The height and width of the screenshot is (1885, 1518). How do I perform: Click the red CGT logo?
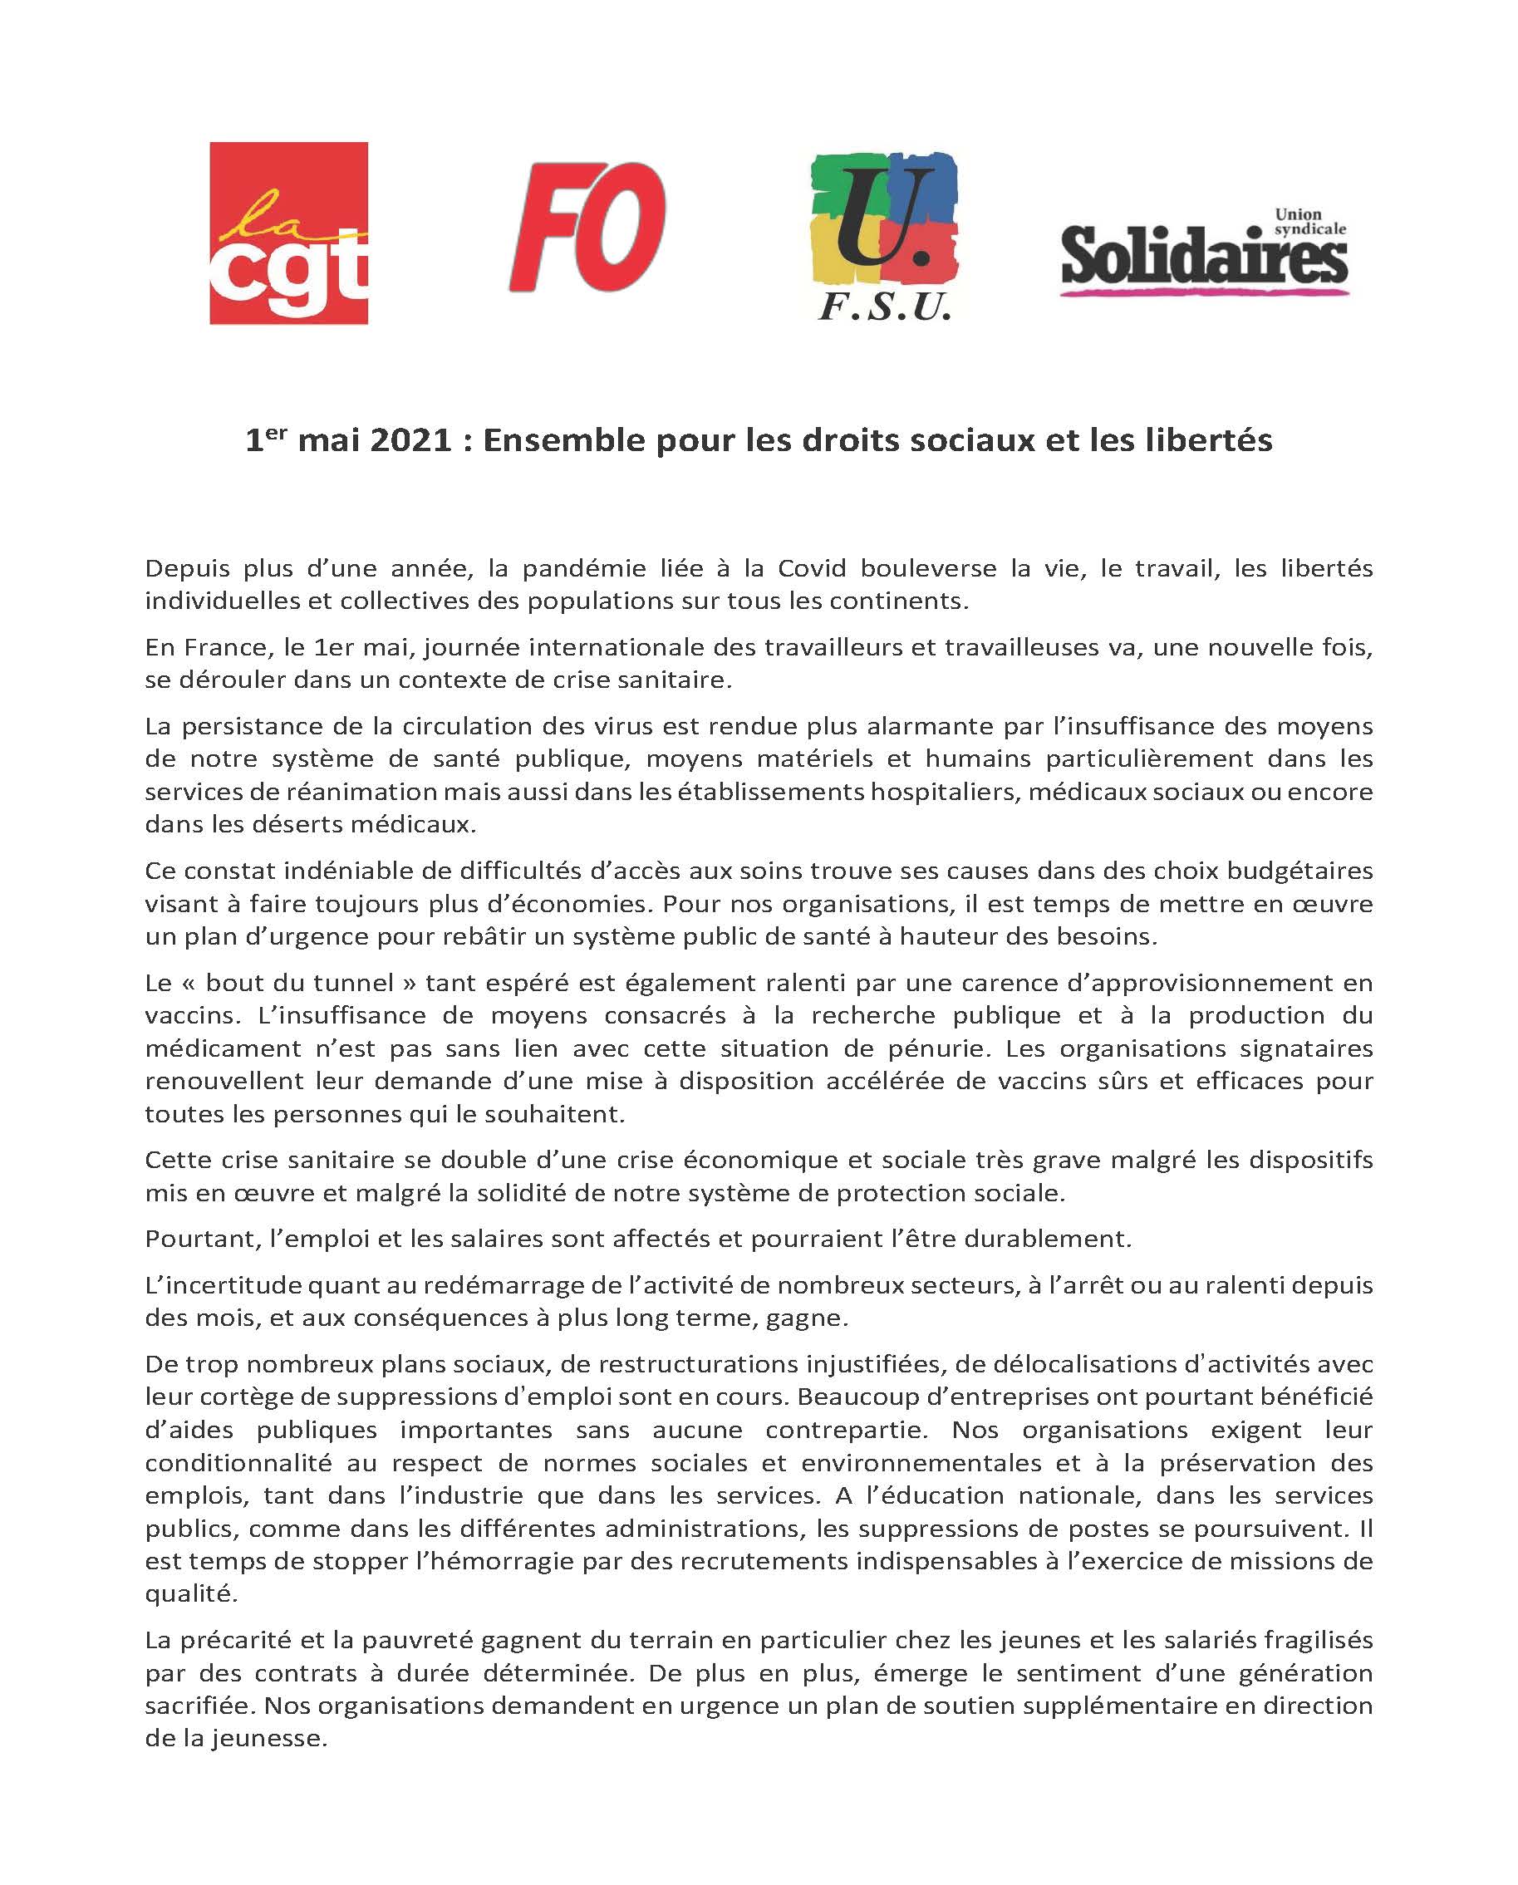[x=288, y=233]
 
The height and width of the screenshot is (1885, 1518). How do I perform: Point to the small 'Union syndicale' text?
[x=1309, y=222]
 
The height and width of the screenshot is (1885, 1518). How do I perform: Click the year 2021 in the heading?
[x=410, y=440]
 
